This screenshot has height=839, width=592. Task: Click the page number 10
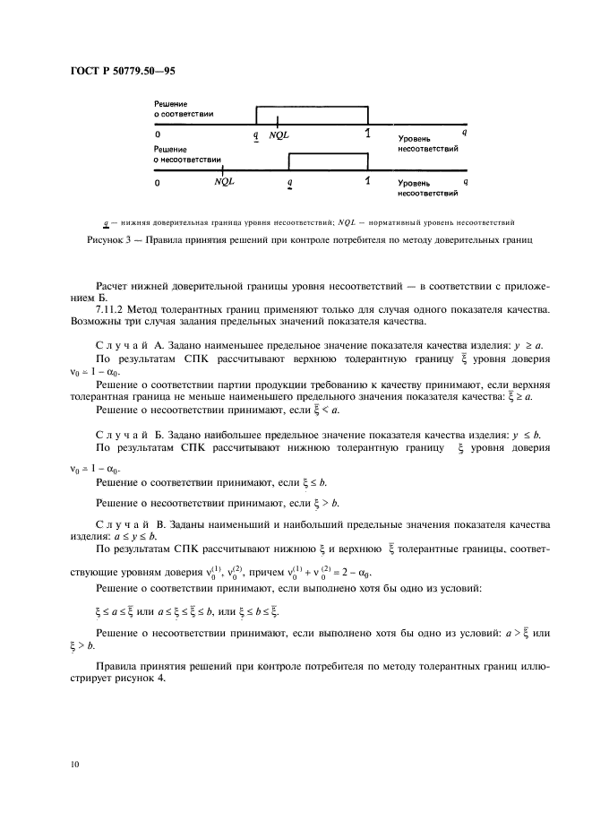click(73, 764)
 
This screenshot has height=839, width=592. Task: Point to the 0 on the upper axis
click(157, 134)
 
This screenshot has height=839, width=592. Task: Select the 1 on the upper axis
click(367, 134)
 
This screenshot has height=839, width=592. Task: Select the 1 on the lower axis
click(367, 181)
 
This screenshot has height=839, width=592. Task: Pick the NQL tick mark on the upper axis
click(278, 122)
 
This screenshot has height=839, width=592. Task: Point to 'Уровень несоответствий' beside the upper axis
click(427, 145)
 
